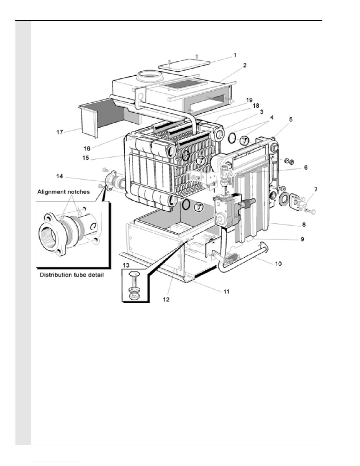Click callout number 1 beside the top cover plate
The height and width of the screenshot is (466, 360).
(x=235, y=55)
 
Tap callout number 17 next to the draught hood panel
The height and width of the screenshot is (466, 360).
(x=60, y=132)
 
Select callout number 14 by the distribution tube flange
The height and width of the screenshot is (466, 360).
(x=60, y=176)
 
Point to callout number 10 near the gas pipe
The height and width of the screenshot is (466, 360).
(x=278, y=264)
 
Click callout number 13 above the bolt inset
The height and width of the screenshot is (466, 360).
(x=126, y=265)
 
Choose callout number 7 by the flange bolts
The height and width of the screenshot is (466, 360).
(x=316, y=189)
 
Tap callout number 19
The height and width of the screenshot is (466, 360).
(x=249, y=100)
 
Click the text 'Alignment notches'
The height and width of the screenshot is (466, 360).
(x=63, y=192)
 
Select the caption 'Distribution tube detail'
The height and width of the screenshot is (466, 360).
(x=72, y=275)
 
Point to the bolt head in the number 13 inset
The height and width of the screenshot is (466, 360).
(x=134, y=274)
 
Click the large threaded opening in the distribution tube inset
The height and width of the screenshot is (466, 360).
(x=48, y=235)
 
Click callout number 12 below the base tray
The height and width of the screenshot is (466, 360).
(x=166, y=299)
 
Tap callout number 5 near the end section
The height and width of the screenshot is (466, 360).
(x=291, y=119)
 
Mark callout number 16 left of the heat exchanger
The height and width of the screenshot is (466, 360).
(x=87, y=148)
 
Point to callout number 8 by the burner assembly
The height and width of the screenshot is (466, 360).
(x=304, y=225)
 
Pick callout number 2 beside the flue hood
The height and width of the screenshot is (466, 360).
(x=245, y=65)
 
